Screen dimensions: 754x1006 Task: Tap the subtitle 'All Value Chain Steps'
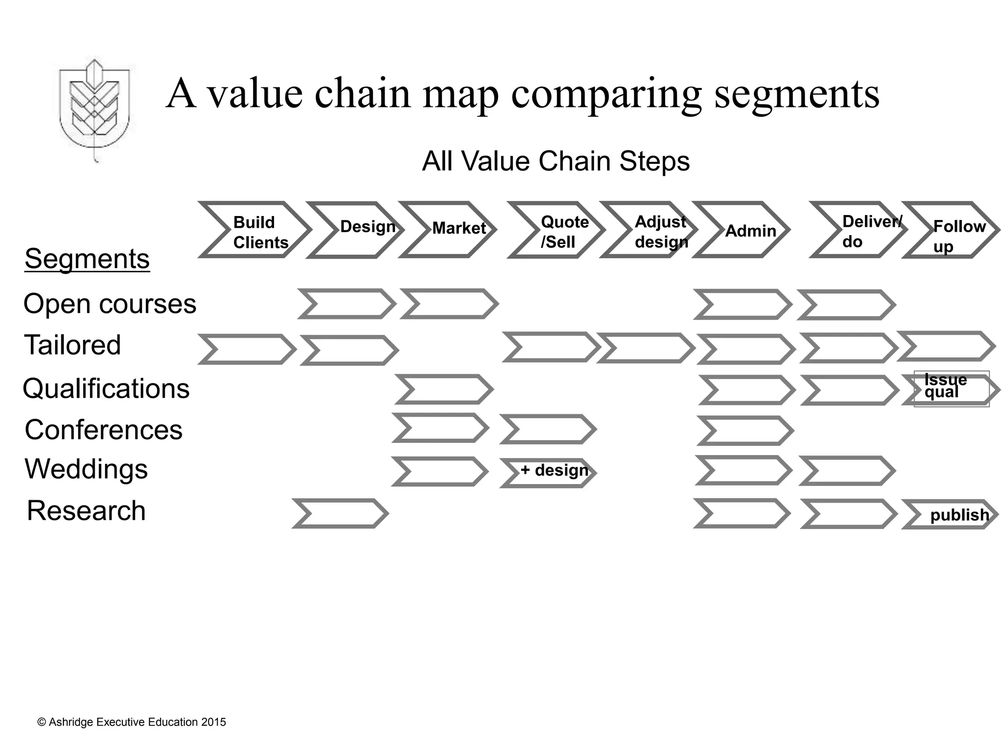(x=556, y=161)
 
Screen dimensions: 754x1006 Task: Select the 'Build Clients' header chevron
(x=253, y=230)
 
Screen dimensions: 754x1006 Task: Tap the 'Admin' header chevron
(x=741, y=230)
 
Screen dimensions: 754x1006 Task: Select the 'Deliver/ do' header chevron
(x=858, y=230)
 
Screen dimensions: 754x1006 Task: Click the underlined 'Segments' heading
(x=87, y=259)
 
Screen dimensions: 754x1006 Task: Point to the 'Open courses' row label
(x=110, y=304)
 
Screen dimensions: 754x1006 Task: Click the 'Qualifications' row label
(x=106, y=389)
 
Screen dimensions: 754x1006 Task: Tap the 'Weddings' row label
(x=86, y=469)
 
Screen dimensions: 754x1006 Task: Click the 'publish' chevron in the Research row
(x=950, y=514)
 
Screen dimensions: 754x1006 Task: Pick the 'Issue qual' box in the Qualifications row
(x=951, y=389)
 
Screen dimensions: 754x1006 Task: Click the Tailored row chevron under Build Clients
(x=247, y=350)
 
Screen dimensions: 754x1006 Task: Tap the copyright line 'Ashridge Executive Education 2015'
(x=132, y=722)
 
